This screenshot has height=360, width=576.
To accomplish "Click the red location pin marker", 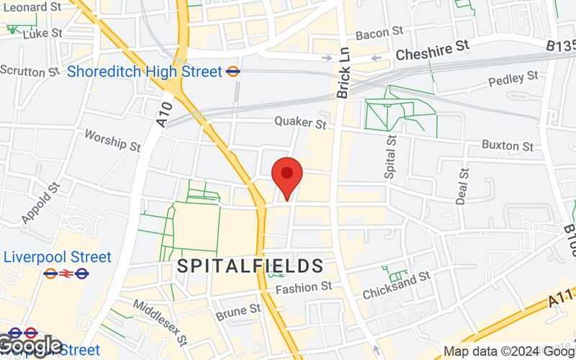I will coord(287,176).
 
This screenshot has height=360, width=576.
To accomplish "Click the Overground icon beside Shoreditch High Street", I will coord(233,72).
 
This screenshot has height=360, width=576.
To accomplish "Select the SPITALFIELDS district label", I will coord(251,266).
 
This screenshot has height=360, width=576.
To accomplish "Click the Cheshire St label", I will coord(433,50).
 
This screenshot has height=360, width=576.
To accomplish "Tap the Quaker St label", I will coord(300,123).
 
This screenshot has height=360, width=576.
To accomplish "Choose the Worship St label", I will coord(112,140).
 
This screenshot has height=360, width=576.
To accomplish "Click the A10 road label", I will coord(164,114).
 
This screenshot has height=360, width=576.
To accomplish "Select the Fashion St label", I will coord(305,287).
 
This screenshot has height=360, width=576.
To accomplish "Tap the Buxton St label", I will coord(508,146).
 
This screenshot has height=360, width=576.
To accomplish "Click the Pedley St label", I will coord(513,79).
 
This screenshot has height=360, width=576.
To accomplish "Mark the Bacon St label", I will coord(379,33).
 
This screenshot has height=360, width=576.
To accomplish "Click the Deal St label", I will coord(463,185).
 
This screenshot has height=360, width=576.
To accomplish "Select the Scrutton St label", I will coord(30,71).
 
